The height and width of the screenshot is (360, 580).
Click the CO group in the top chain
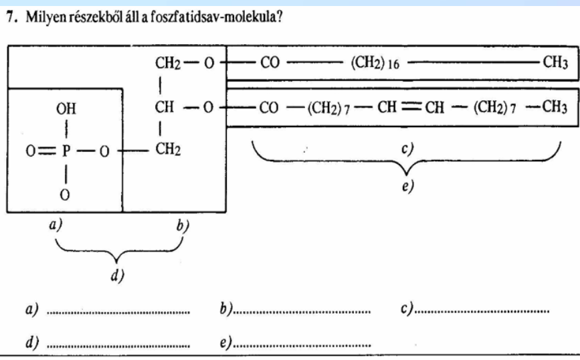click(269, 64)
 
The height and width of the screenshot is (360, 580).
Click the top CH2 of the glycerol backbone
click(167, 64)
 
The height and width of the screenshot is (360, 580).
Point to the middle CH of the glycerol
click(165, 107)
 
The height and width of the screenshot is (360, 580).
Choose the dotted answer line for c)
click(482, 312)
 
